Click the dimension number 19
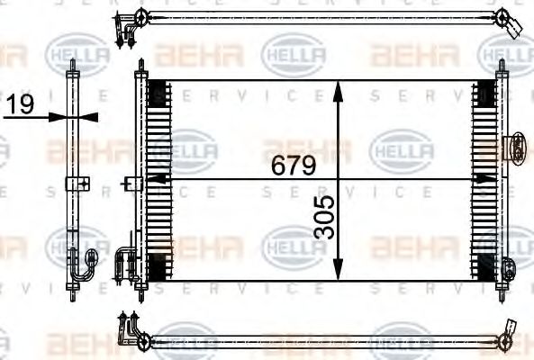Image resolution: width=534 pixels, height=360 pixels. click(19, 105)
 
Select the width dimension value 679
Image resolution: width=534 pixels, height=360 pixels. click(289, 166)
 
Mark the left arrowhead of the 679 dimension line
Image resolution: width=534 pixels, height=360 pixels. click(150, 179)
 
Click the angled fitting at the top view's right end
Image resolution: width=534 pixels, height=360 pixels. click(511, 23)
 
